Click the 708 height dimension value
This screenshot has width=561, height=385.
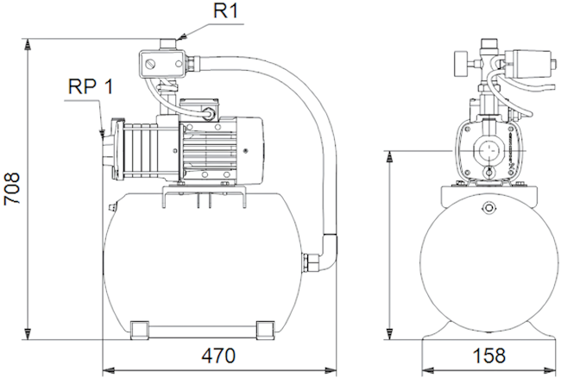[12, 188]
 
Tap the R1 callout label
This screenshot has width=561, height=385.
[225, 10]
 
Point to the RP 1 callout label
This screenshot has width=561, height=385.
[91, 86]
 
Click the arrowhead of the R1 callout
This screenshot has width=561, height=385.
[182, 37]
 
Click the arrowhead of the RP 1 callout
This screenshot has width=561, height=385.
[102, 134]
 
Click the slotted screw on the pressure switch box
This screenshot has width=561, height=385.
[150, 65]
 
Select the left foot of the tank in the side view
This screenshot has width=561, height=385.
[139, 329]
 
